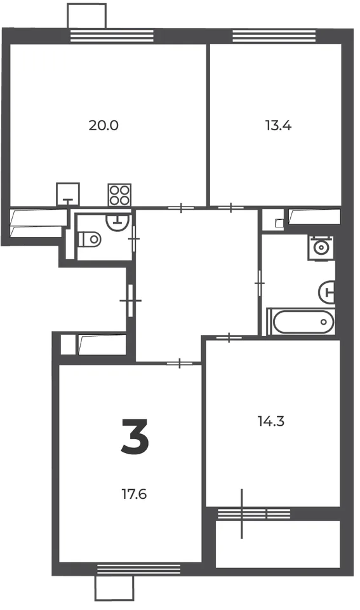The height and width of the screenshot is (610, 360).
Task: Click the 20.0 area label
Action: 103,125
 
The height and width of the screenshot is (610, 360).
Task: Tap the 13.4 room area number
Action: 278,126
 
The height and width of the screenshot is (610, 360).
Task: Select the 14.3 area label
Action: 271,421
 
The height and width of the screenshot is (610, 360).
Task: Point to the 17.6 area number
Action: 134,494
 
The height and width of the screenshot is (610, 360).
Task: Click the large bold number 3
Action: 135,437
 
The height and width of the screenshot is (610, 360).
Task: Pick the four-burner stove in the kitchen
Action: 119,195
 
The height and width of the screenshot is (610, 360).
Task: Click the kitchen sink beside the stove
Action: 68,194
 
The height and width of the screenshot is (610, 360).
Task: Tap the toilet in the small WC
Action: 90,239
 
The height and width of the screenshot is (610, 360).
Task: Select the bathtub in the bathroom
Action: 300,322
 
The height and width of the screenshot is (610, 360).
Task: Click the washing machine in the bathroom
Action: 321,247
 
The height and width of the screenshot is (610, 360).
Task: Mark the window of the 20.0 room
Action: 112,36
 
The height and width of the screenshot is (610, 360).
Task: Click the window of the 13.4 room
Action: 274,36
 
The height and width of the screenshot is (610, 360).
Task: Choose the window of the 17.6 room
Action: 139,569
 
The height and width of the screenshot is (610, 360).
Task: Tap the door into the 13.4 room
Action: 231,208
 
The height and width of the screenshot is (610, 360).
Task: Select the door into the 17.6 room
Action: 180,363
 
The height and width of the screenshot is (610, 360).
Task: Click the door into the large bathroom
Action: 259,283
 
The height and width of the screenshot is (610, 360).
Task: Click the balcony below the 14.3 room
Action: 277,544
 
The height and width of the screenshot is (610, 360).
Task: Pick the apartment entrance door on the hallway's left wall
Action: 131,301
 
